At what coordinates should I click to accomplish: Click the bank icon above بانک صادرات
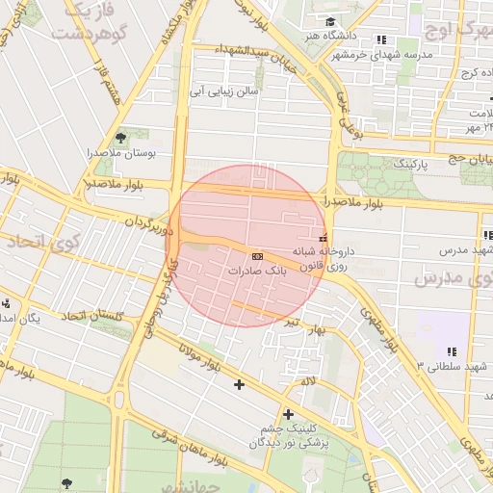(257, 257)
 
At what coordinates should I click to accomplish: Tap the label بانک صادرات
(257, 272)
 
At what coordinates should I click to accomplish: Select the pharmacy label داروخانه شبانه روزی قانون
(328, 258)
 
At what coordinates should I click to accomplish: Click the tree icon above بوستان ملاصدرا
(120, 138)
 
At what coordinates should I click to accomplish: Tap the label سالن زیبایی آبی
(222, 92)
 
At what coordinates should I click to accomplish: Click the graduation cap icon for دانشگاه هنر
(330, 21)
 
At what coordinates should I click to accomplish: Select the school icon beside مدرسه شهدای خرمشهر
(382, 39)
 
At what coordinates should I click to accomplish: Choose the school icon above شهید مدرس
(486, 235)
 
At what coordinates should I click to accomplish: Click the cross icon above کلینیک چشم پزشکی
(287, 414)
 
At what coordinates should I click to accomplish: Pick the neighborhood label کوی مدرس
(452, 280)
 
